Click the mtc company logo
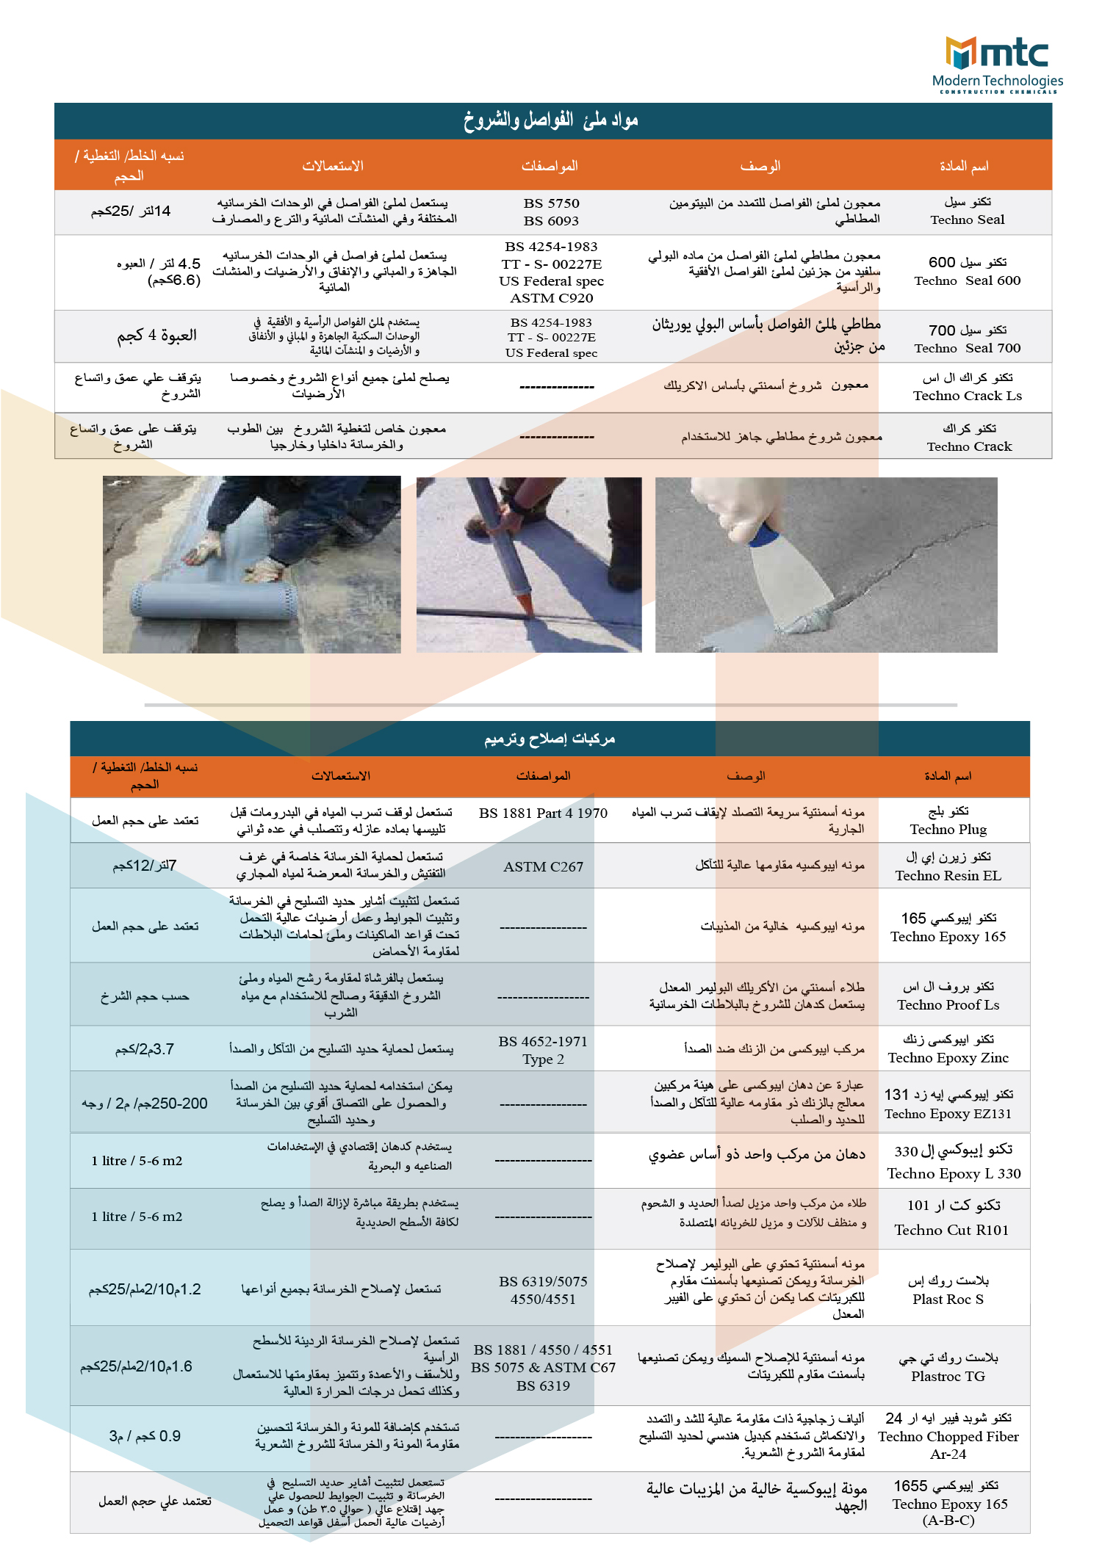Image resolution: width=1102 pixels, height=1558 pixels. click(997, 65)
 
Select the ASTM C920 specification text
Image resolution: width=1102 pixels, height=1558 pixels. click(551, 298)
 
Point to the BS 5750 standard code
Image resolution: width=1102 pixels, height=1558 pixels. click(551, 203)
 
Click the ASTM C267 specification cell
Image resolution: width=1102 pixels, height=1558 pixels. click(543, 867)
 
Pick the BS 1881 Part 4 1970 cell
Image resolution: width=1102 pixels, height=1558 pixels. click(543, 814)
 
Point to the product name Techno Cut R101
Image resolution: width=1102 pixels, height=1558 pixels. click(951, 1230)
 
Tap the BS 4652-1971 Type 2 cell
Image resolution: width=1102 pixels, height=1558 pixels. click(543, 1050)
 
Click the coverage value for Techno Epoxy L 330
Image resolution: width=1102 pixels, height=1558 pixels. click(137, 1161)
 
